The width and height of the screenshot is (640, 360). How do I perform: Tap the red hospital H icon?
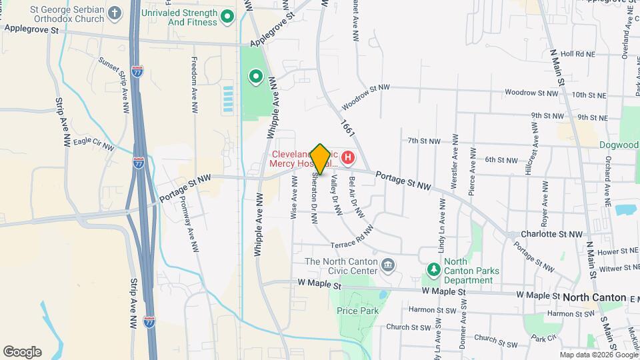pos(347,159)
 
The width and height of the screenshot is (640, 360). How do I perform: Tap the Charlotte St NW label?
pos(552,235)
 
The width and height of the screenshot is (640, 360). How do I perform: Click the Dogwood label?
pos(619,145)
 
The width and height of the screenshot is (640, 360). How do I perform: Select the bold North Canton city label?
pos(594,297)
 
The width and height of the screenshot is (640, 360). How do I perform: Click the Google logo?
pos(22,352)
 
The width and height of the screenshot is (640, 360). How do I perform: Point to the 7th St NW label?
pos(425,141)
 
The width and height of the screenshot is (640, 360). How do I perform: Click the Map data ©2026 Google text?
pos(597,355)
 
